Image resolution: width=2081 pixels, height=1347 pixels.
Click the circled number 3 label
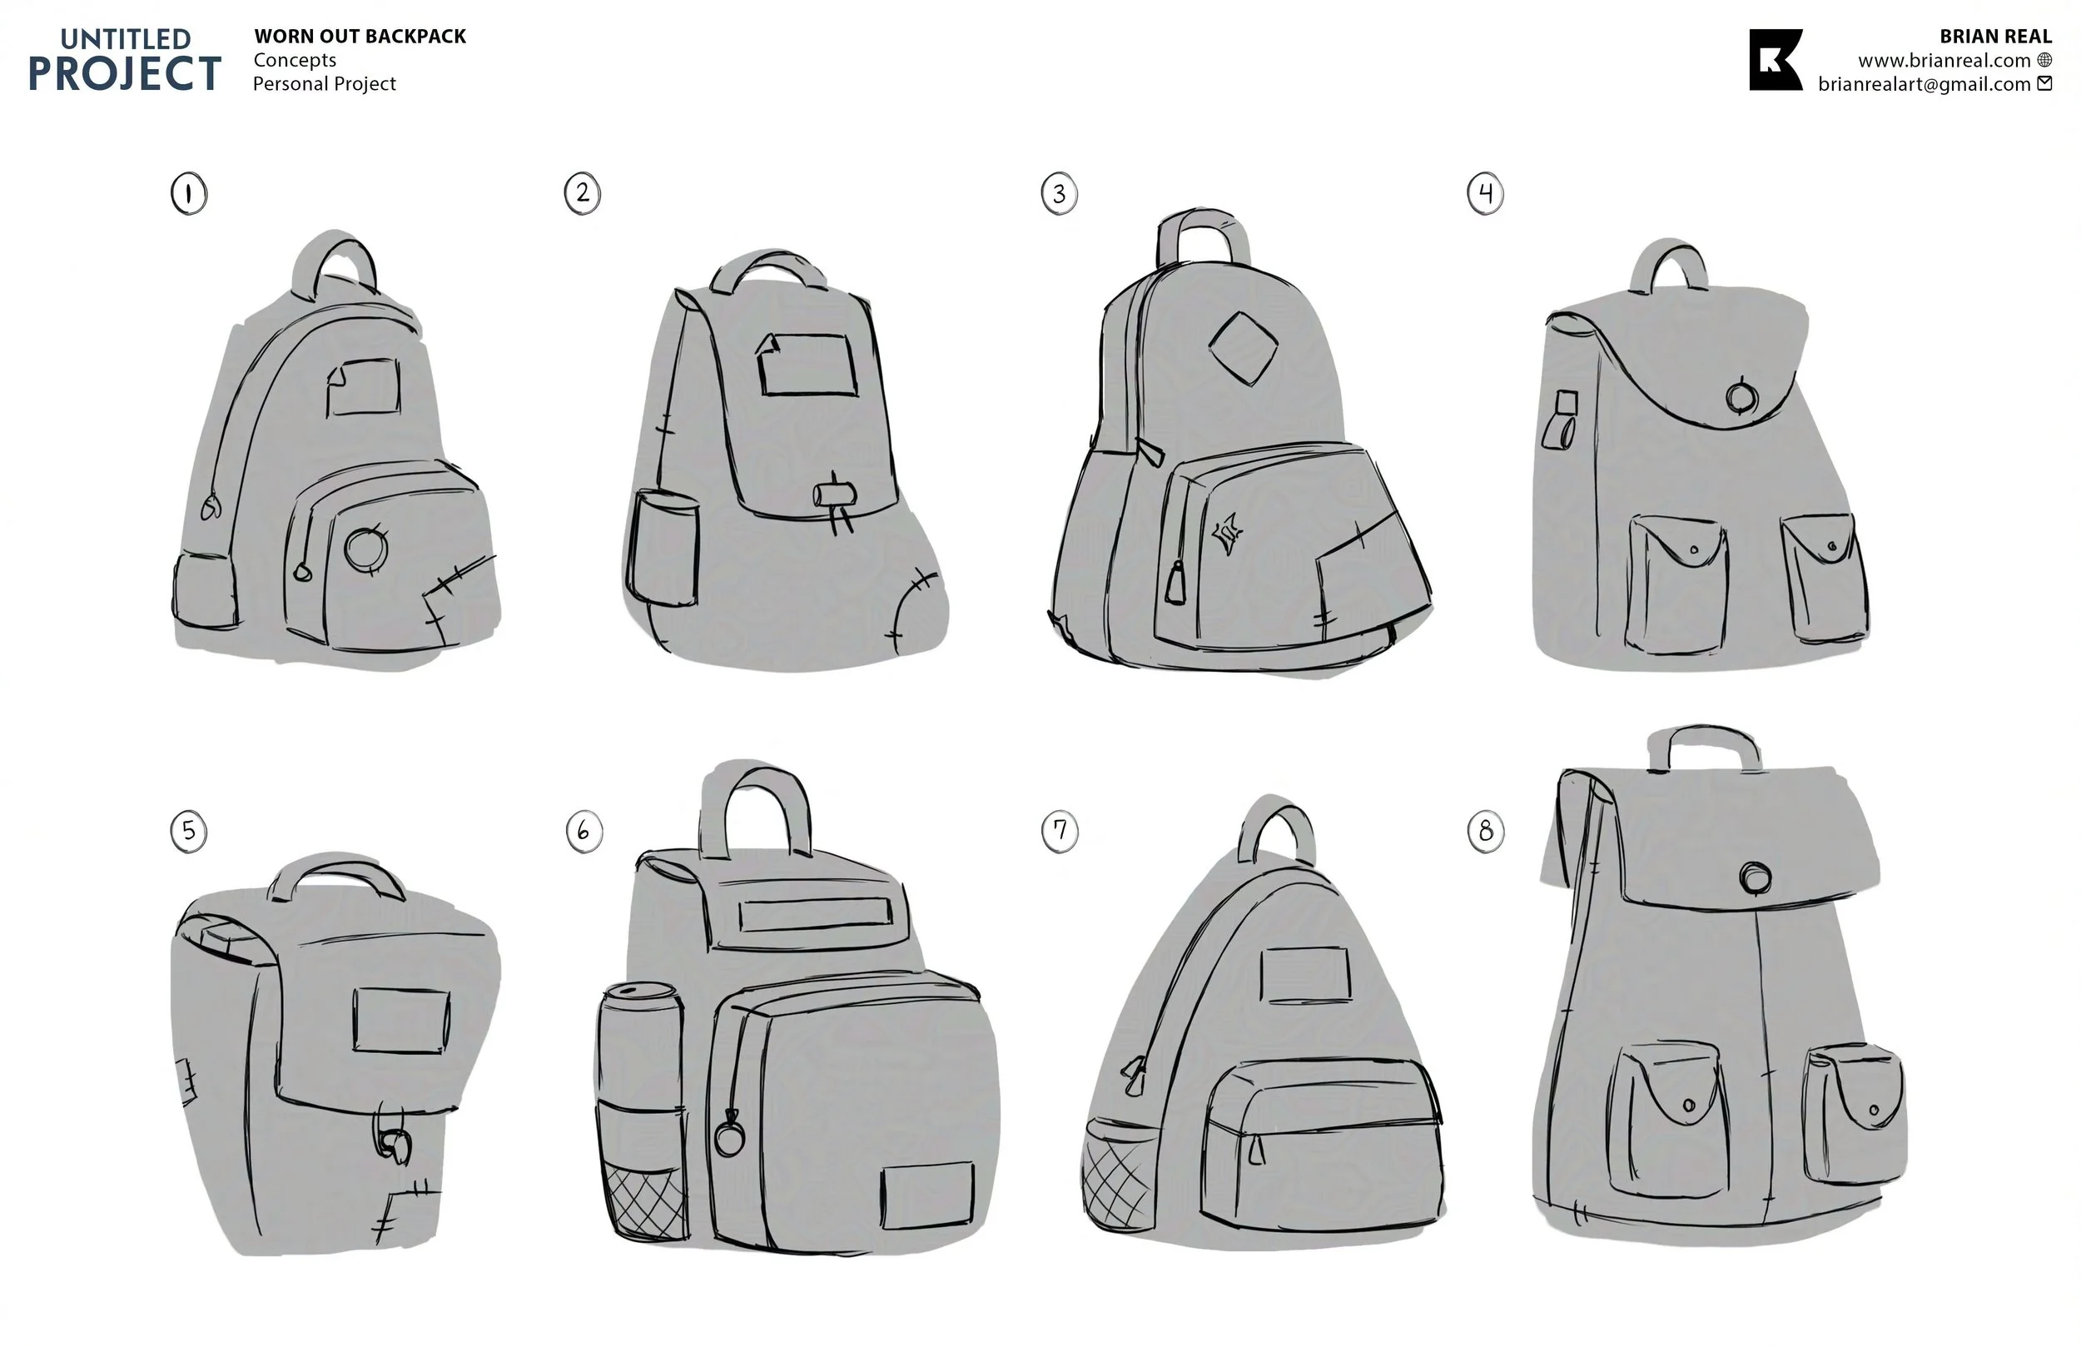coord(1059,194)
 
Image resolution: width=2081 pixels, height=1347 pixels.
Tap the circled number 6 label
coord(584,831)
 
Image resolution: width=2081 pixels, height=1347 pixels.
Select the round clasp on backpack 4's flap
coord(1741,397)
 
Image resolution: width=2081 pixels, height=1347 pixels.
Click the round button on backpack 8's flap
coord(1755,877)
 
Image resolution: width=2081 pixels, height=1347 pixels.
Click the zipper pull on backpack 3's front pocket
coord(1176,584)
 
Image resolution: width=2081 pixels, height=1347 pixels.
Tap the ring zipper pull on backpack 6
coord(728,1138)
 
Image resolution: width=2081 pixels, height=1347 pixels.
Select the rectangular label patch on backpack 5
coord(401,1020)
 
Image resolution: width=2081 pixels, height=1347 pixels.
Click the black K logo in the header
coord(1775,59)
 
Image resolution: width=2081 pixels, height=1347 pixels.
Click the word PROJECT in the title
coord(124,73)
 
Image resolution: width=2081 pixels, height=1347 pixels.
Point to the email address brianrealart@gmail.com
coord(1924,84)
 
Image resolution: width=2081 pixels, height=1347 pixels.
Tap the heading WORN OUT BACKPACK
coord(360,37)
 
